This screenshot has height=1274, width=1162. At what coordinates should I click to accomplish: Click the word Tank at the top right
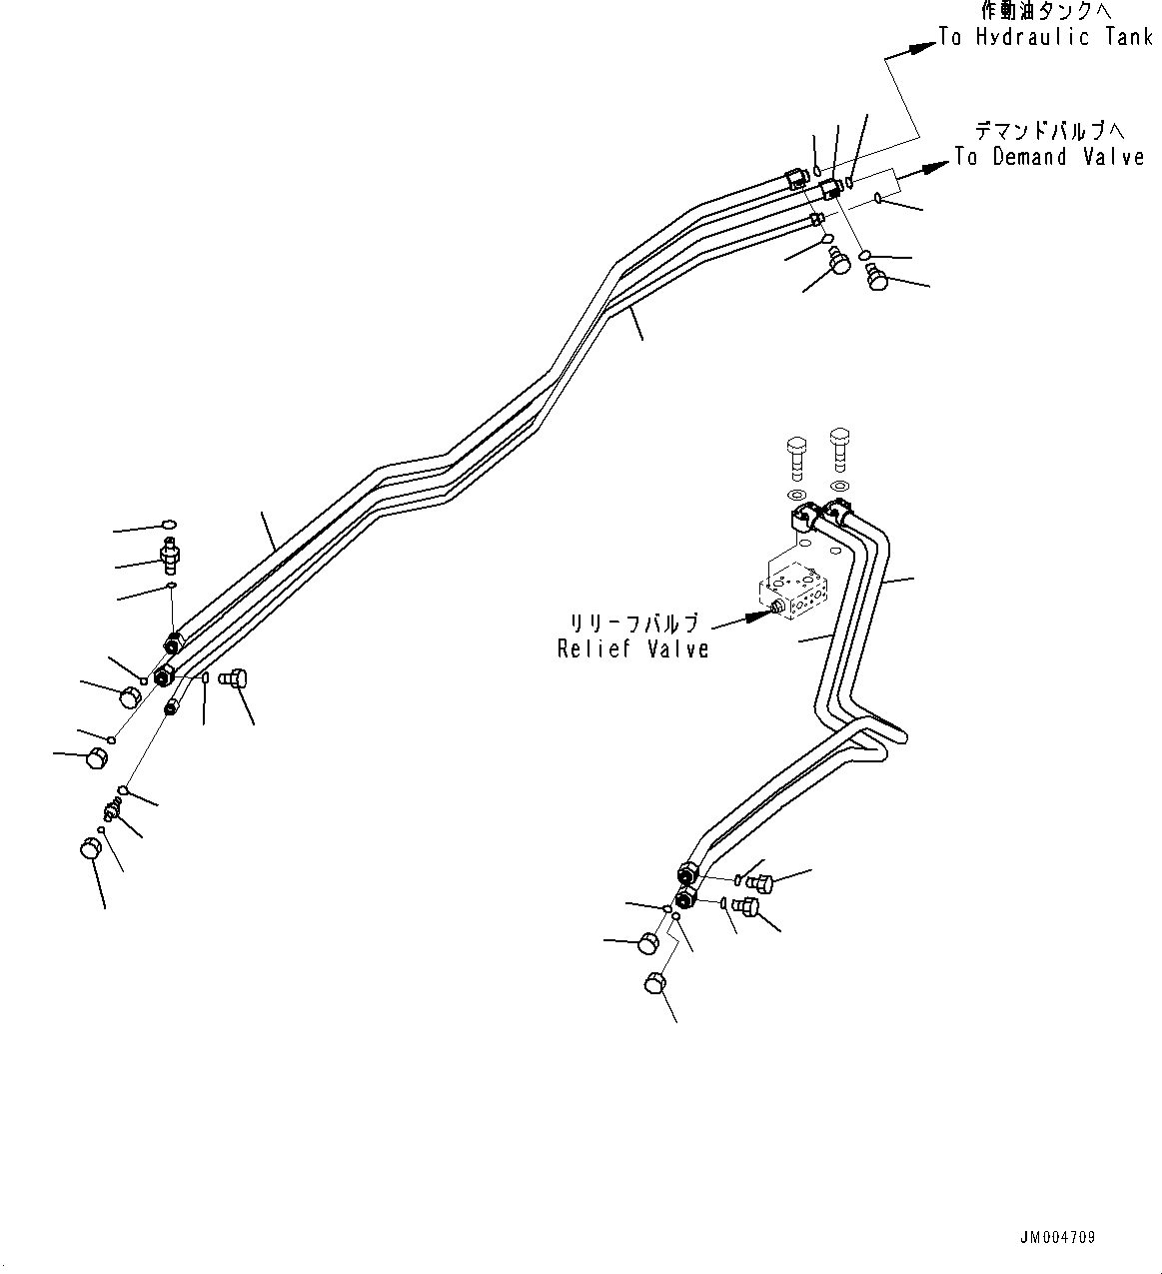[x=1129, y=38]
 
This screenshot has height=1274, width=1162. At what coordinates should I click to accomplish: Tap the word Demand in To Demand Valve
[x=1031, y=157]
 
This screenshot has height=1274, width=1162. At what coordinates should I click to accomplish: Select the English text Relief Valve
[x=633, y=648]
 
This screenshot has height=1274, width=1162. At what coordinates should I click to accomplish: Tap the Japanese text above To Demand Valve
[x=1049, y=131]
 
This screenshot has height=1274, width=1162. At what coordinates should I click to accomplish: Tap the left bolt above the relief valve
[x=797, y=455]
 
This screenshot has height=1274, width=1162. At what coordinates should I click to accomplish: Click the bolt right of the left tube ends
[x=234, y=679]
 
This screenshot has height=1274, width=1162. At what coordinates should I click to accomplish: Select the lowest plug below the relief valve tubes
[x=655, y=983]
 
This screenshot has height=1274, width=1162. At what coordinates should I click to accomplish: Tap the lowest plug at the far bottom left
[x=90, y=848]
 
